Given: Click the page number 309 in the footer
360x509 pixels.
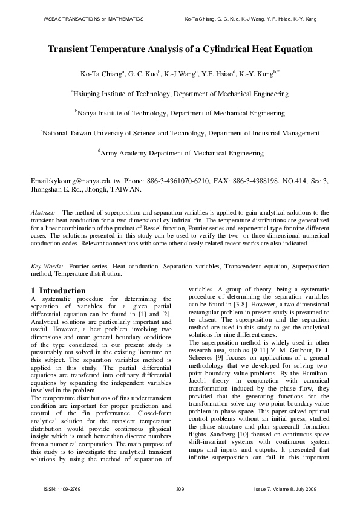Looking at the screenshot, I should pos(179,488).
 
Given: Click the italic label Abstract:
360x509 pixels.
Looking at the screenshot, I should pos(44,212).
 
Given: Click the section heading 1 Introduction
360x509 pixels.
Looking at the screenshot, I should pos(58,290).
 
